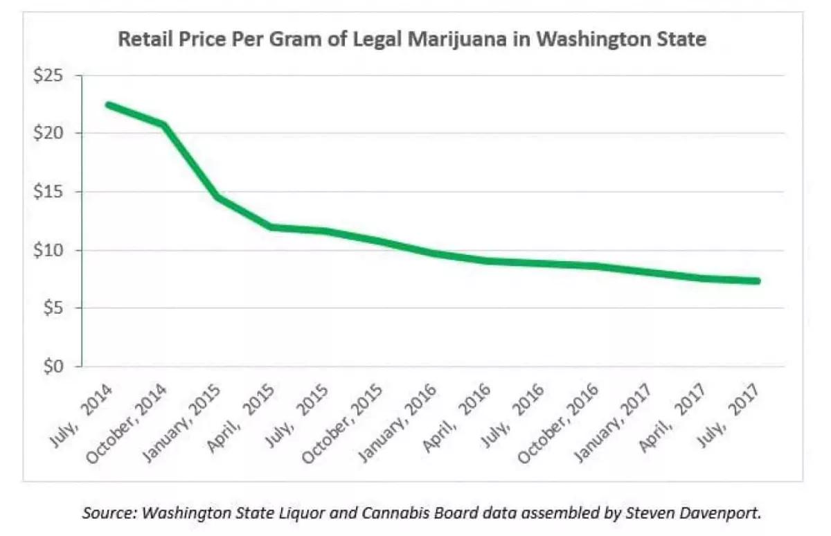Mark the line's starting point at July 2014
108,105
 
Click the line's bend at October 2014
163,125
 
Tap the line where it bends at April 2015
271,226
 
